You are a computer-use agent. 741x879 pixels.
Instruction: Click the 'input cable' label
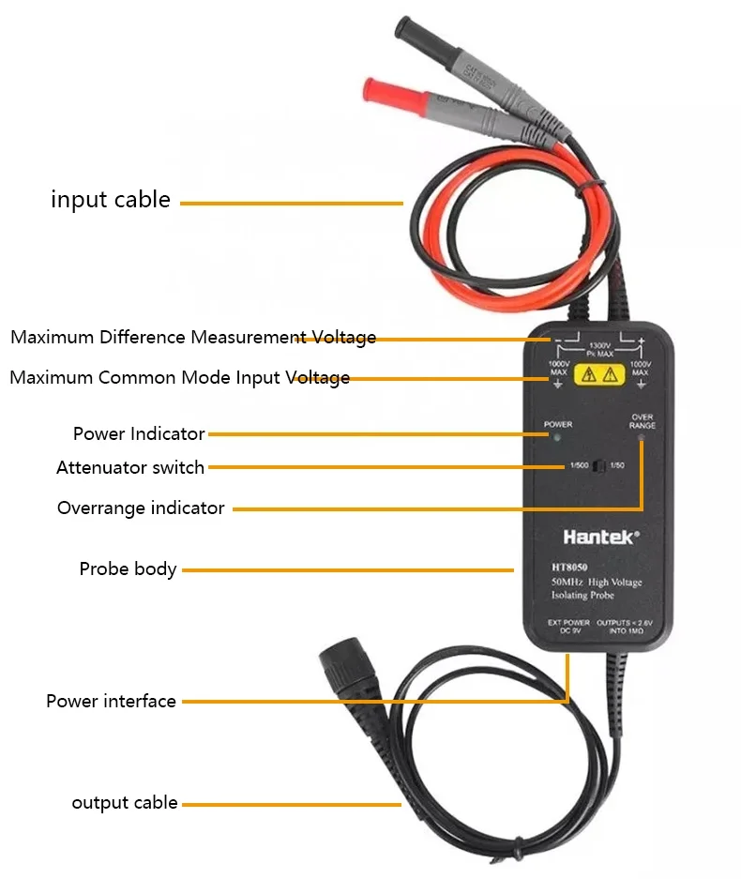111,200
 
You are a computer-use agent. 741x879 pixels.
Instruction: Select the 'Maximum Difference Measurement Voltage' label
193,337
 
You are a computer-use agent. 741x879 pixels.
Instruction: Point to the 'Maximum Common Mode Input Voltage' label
179,378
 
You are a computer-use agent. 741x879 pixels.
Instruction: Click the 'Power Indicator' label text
139,433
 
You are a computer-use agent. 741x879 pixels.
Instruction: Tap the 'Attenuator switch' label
130,467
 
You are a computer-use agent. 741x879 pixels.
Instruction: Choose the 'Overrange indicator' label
141,508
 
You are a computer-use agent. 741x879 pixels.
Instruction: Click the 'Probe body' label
128,568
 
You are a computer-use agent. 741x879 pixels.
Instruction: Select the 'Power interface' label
111,701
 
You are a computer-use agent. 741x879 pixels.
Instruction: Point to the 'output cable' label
125,802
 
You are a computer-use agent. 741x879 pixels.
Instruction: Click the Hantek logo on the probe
601,538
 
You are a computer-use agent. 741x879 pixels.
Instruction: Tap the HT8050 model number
571,567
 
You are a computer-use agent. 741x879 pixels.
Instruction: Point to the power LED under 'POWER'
558,437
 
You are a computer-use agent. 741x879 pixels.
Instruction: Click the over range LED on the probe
642,438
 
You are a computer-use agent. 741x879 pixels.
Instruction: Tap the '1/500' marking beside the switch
579,466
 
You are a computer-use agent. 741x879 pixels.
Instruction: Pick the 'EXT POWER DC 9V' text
569,627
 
